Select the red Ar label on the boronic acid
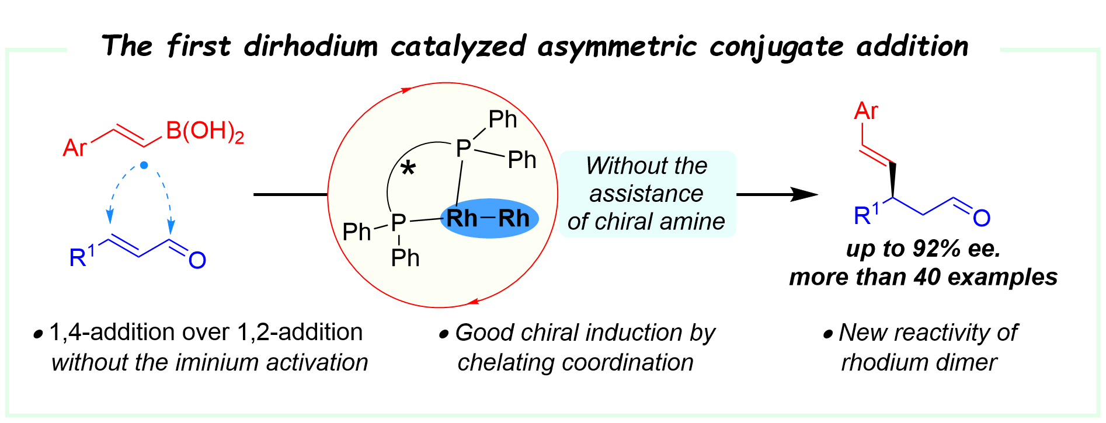pyautogui.click(x=74, y=148)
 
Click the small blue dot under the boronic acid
pyautogui.click(x=144, y=166)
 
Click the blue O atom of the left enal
pyautogui.click(x=197, y=260)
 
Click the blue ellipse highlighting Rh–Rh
pyautogui.click(x=489, y=219)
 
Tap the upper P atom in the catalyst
pyautogui.click(x=463, y=149)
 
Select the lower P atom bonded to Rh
pyautogui.click(x=398, y=222)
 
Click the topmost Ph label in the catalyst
pyautogui.click(x=502, y=120)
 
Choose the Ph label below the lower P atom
pyautogui.click(x=405, y=257)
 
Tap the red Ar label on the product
pyautogui.click(x=865, y=111)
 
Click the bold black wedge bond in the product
pyautogui.click(x=893, y=181)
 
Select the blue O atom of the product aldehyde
pyautogui.click(x=982, y=218)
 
